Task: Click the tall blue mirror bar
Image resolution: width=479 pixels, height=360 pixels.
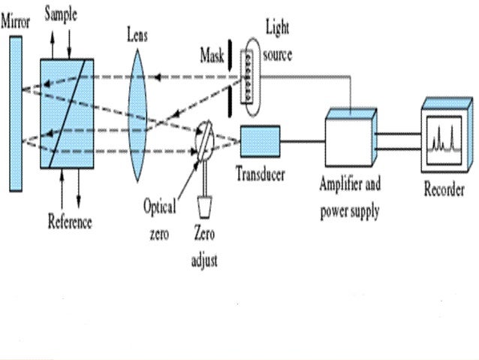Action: (16, 112)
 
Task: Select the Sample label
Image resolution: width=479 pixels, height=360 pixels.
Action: (60, 15)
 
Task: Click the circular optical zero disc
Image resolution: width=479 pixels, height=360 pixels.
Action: (206, 141)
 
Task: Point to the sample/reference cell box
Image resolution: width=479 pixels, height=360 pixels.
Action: (67, 112)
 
